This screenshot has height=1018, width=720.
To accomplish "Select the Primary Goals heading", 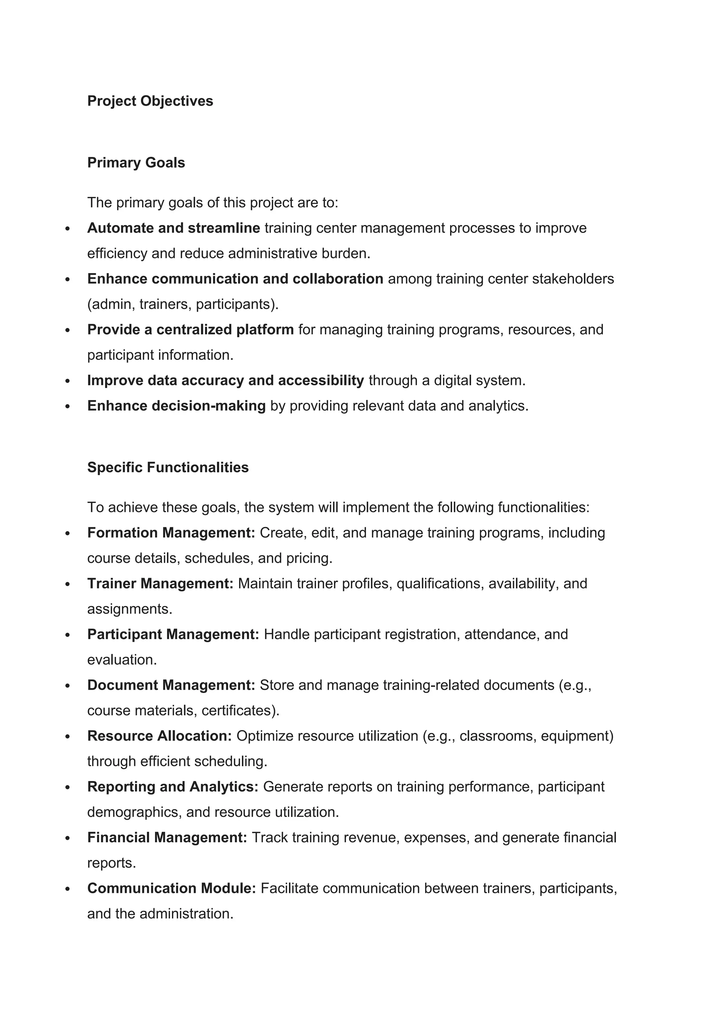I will (x=136, y=163).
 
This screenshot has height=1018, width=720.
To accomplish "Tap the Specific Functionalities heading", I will (x=168, y=467).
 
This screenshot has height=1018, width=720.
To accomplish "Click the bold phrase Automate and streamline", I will (x=173, y=228).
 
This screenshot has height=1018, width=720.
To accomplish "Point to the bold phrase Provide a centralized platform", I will (x=190, y=329).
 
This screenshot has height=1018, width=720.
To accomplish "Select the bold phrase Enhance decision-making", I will (x=176, y=406).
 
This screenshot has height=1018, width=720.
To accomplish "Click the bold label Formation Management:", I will (x=171, y=533).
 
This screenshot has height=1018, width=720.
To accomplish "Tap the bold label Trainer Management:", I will (x=160, y=584).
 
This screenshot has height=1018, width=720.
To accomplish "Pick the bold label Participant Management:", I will (x=173, y=634).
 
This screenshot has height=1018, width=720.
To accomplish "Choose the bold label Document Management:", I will (x=171, y=685).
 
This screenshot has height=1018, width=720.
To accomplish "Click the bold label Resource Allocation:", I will (x=160, y=736).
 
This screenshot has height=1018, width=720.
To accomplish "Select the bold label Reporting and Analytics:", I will (x=173, y=787).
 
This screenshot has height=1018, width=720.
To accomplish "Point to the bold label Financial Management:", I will (x=167, y=838).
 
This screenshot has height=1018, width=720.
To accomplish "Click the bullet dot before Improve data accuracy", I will (x=67, y=381).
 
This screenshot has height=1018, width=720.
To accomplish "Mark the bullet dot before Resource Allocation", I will (x=67, y=736).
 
